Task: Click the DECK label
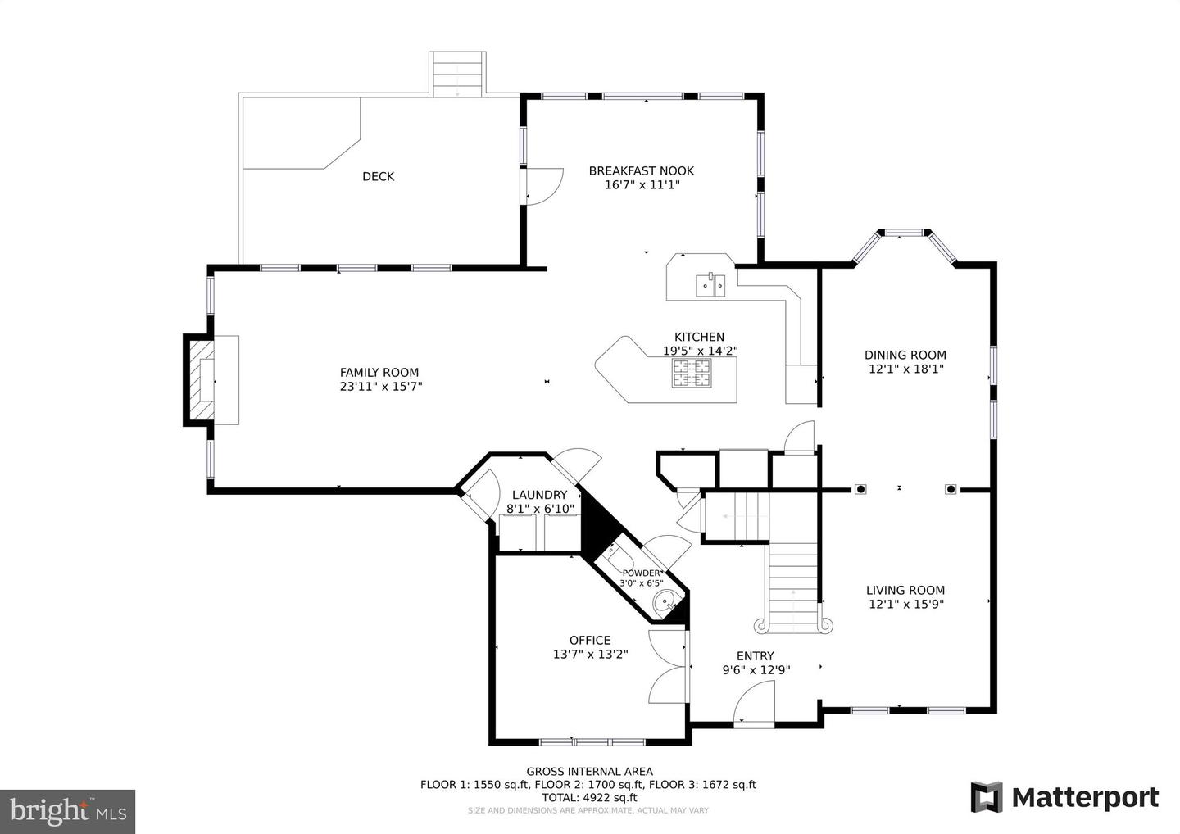pyautogui.click(x=379, y=176)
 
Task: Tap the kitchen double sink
pyautogui.click(x=710, y=285)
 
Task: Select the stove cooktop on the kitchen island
pyautogui.click(x=691, y=374)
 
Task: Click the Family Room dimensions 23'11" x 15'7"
pyautogui.click(x=381, y=387)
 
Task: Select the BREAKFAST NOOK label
pyautogui.click(x=641, y=170)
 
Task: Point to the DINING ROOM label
pyautogui.click(x=905, y=355)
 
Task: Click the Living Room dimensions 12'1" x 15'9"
pyautogui.click(x=905, y=605)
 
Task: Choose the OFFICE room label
pyautogui.click(x=590, y=640)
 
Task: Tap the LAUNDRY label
pyautogui.click(x=539, y=495)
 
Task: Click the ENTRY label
pyautogui.click(x=755, y=656)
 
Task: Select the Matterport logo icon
pyautogui.click(x=986, y=797)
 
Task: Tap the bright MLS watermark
pyautogui.click(x=68, y=811)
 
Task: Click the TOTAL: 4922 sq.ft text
pyautogui.click(x=589, y=798)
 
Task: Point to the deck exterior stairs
pyautogui.click(x=457, y=75)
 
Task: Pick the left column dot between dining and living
pyautogui.click(x=860, y=489)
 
